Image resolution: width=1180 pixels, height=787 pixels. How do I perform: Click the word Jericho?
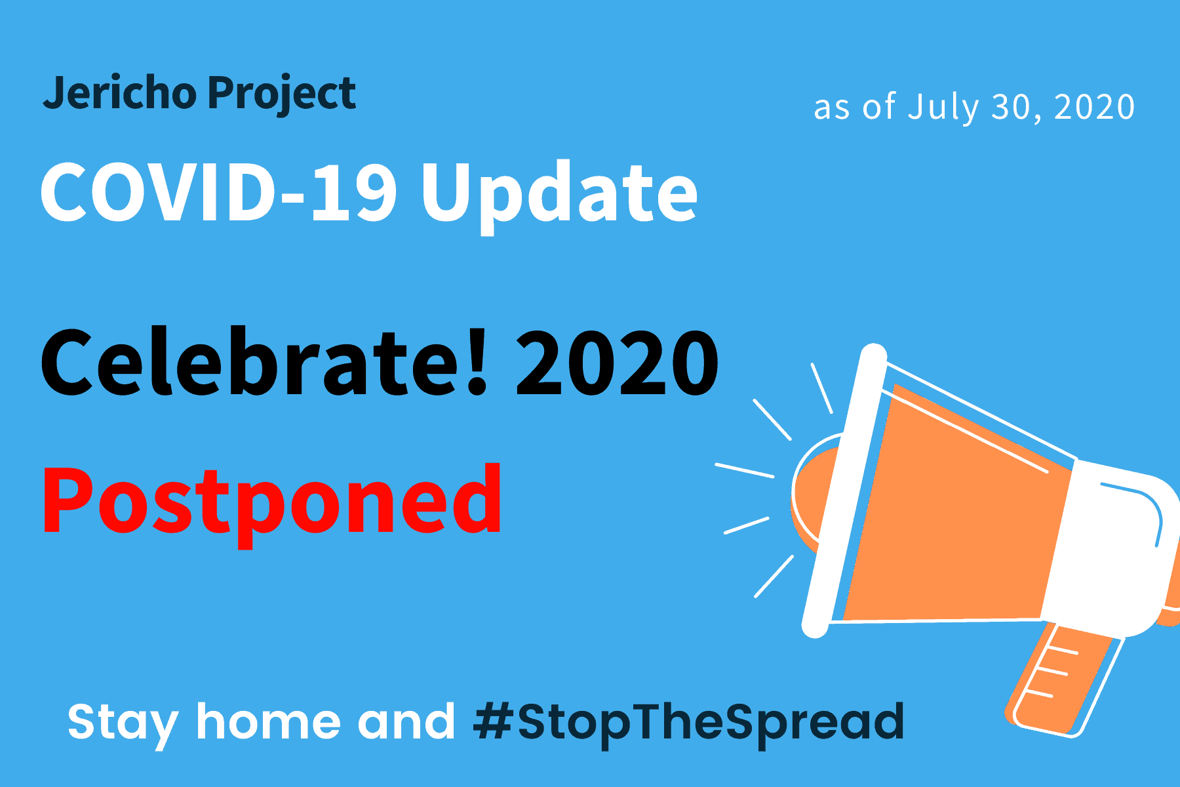pos(119,94)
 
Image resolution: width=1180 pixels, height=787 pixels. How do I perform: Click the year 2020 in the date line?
pos(1094,107)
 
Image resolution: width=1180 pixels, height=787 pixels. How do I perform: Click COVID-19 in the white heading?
pos(219,192)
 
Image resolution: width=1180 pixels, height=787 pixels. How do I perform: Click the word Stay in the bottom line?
pos(123,723)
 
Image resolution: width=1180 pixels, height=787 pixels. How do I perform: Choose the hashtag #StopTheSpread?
pos(688,723)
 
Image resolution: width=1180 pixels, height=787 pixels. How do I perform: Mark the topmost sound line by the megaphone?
pos(822,388)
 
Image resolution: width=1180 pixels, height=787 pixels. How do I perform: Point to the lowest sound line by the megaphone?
pos(774,576)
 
